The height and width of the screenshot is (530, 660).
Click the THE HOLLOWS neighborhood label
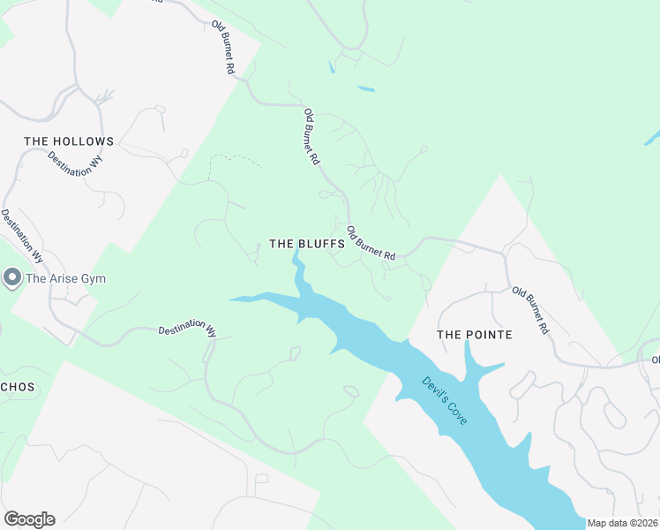(x=69, y=141)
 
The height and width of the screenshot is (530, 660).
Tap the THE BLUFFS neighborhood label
(x=306, y=244)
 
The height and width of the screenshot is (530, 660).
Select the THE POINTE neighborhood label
(x=475, y=335)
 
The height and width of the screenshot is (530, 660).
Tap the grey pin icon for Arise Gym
(x=12, y=278)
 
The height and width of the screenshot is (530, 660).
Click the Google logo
(x=29, y=519)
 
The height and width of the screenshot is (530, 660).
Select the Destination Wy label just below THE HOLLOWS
(x=75, y=165)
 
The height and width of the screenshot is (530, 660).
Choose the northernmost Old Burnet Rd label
(x=223, y=48)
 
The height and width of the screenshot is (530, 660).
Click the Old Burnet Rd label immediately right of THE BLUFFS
(x=371, y=243)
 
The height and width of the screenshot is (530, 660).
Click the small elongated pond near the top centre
(x=365, y=88)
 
